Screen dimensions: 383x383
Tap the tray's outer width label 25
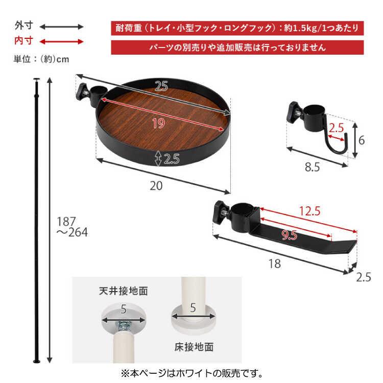click(x=161, y=87)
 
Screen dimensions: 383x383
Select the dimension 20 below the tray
click(x=156, y=186)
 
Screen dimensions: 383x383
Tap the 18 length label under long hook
click(x=275, y=264)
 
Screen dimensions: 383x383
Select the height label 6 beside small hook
click(x=361, y=139)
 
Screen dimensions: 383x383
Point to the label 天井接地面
click(x=123, y=292)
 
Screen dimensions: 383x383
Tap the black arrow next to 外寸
click(x=61, y=27)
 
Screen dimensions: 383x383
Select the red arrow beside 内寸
click(x=61, y=41)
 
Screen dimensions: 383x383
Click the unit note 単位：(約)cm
click(x=41, y=59)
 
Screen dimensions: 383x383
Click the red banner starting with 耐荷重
click(x=237, y=28)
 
